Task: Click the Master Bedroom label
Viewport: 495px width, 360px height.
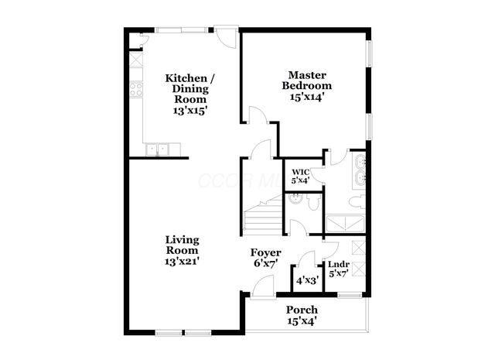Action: tap(306, 80)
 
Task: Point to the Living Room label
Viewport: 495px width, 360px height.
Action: tap(183, 245)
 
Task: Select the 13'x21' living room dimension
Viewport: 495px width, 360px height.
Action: tap(183, 262)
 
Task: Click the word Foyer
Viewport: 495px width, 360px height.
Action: tap(265, 253)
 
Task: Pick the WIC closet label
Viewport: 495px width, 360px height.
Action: tap(300, 171)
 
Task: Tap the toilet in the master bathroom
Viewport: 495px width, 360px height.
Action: tap(354, 202)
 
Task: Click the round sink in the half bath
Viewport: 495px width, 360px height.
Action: tap(295, 201)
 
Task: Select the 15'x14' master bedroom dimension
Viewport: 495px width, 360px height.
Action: tap(306, 98)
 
